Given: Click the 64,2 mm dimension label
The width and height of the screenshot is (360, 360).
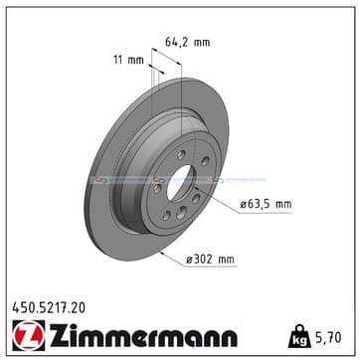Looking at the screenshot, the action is [x=187, y=43].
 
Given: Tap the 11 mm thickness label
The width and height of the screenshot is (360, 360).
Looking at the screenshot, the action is [x=128, y=60].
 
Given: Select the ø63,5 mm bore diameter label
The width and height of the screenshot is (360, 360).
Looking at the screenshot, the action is [x=266, y=204].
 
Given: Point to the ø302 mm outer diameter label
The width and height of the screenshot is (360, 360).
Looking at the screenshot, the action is [x=210, y=260].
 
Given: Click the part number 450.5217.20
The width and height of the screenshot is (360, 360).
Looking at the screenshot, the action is [x=49, y=308].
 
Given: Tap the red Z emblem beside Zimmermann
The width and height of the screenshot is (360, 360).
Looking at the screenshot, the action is [x=29, y=335].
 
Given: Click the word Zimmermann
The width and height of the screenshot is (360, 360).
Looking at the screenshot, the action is [x=143, y=335].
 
